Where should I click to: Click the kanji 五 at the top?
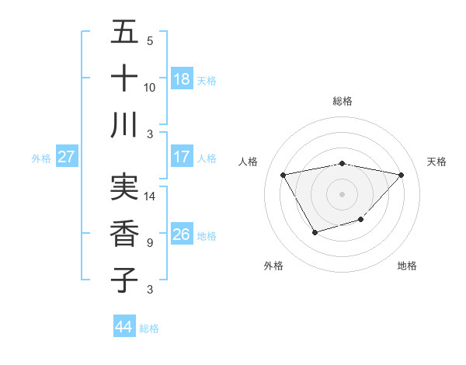124,33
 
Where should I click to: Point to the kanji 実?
124,186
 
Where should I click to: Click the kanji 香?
124,233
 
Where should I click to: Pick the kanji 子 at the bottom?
124,279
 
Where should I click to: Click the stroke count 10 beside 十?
150,87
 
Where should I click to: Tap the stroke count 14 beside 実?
150,196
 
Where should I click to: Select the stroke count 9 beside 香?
150,243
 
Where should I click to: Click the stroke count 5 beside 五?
150,41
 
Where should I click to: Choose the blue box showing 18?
182,79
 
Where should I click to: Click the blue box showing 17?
182,157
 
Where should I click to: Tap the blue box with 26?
182,235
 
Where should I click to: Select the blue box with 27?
67,157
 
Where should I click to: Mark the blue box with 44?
124,327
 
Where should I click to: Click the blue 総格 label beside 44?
149,328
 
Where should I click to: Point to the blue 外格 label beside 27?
41,158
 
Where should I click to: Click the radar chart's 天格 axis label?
436,162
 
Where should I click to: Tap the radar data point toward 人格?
283,174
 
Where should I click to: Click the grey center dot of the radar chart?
342,193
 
